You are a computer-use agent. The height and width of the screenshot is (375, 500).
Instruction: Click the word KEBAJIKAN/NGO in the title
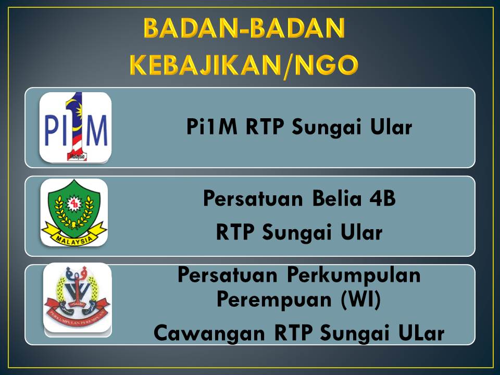244,65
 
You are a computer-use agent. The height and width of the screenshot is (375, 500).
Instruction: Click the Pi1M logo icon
76,127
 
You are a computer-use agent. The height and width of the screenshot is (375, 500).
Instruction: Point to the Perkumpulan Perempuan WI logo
78,298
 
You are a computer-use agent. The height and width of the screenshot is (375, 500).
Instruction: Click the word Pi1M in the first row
212,127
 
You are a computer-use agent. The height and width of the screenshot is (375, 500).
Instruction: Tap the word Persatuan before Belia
253,198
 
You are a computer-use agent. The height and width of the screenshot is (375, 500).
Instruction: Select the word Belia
337,198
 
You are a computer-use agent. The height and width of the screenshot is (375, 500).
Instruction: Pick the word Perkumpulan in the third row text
354,276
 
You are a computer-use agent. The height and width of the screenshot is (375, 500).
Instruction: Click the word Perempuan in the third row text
274,300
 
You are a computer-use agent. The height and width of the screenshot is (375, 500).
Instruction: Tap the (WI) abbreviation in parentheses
360,300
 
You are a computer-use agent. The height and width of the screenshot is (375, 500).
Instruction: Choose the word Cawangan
209,333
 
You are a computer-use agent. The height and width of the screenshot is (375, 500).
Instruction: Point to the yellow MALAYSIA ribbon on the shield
74,235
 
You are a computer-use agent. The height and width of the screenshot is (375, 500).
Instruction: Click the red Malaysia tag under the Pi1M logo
77,157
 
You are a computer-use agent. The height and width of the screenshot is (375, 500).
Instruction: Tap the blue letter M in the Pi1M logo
96,130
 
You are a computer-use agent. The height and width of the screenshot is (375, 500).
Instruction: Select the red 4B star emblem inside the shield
74,204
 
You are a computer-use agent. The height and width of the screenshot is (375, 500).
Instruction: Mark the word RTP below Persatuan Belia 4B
235,232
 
